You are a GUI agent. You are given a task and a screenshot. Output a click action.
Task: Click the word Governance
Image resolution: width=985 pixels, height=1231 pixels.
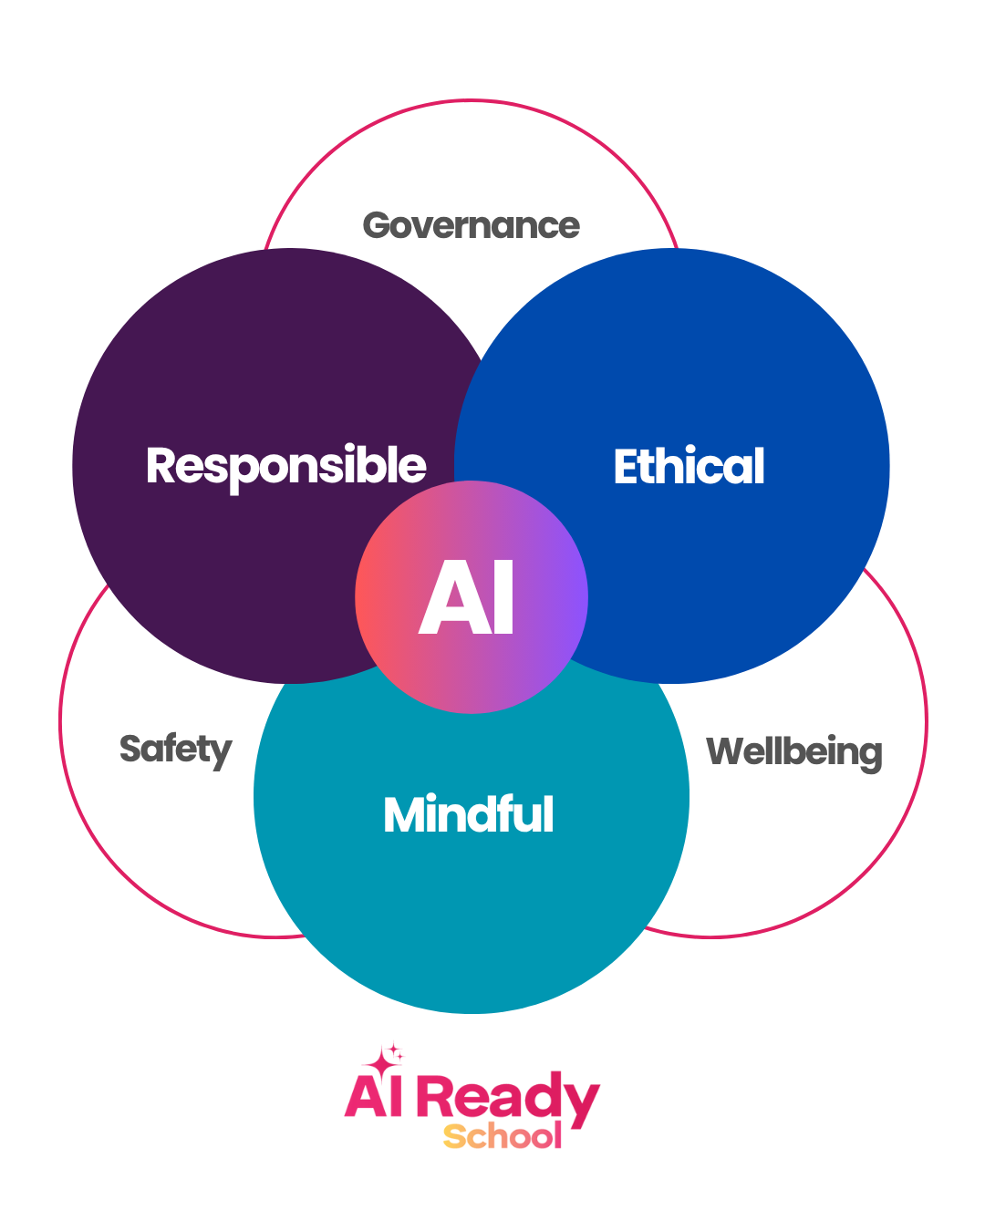[x=471, y=225]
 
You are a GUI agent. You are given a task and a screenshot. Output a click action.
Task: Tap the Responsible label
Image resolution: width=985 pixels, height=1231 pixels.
[x=285, y=466]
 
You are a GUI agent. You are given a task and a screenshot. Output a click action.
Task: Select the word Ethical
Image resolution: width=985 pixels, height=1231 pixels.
[x=689, y=466]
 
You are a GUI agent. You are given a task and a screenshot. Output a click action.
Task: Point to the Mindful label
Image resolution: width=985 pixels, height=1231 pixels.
[x=469, y=814]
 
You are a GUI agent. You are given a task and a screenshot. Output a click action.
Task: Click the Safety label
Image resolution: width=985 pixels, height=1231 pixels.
[x=175, y=750]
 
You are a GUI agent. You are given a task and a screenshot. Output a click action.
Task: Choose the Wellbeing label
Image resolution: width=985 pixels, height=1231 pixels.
[x=793, y=752]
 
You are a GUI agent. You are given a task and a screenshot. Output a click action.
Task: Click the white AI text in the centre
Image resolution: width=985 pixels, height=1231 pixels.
[x=467, y=597]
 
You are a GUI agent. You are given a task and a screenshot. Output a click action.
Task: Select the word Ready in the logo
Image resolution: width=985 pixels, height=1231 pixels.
[x=508, y=1097]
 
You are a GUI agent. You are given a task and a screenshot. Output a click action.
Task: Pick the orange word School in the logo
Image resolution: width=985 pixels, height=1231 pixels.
[x=503, y=1136]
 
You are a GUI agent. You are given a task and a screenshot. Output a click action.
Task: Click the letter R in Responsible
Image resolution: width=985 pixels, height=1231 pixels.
[x=162, y=465]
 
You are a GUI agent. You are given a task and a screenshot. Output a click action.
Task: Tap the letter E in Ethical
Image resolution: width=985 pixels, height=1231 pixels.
[x=627, y=467]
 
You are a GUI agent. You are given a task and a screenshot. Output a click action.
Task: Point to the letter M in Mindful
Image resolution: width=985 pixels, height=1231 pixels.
[x=404, y=814]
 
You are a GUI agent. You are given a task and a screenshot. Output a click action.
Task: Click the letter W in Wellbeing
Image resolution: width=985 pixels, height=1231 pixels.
[x=728, y=751]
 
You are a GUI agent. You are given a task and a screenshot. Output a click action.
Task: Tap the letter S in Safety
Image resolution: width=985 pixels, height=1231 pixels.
[x=131, y=749]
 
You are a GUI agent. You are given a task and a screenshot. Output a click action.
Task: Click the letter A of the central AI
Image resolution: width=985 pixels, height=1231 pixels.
[x=444, y=598]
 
